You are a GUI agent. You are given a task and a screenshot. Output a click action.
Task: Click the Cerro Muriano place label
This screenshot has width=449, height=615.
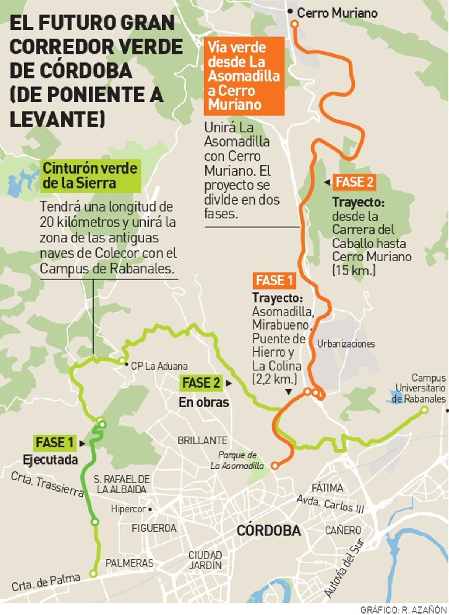click(x=337, y=13)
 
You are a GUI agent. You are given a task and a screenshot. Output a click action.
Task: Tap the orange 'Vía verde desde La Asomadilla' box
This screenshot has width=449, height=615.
click(x=244, y=76)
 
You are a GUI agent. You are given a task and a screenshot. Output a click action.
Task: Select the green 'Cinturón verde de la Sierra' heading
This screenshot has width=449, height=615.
click(x=90, y=175)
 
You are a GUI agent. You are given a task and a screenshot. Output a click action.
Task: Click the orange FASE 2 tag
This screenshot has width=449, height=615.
click(x=354, y=182)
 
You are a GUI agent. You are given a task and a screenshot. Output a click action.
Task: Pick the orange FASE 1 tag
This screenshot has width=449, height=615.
click(x=274, y=281)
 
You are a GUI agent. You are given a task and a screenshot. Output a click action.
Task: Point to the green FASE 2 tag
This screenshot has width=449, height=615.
click(x=201, y=383)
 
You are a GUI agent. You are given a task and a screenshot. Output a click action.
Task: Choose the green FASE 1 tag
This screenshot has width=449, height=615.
click(x=55, y=443)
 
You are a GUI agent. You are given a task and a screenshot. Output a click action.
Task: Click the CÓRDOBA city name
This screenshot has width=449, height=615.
click(x=269, y=530)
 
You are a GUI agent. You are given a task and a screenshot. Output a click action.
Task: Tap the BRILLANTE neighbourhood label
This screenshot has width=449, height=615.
click(x=202, y=440)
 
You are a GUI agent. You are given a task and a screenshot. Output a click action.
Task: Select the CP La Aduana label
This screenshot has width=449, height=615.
click(x=159, y=366)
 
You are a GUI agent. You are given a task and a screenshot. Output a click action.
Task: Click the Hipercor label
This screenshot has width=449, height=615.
click(x=128, y=509)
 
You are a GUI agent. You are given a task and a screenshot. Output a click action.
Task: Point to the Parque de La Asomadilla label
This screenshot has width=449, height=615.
click(x=237, y=461)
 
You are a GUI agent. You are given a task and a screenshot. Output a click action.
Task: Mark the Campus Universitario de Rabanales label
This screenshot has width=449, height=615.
click(x=419, y=388)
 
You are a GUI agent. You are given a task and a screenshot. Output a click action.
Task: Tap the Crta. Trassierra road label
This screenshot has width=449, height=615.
click(x=47, y=484)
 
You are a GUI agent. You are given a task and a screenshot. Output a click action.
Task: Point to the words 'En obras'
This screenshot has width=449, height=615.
click(x=204, y=402)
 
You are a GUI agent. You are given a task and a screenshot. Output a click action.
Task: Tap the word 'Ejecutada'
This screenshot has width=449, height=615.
click(x=51, y=460)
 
